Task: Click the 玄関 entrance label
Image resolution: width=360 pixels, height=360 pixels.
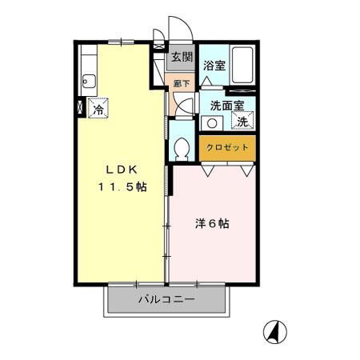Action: pos(182,57)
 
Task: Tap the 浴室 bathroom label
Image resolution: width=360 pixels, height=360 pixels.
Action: pos(214,66)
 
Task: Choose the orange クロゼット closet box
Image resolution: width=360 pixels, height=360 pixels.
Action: pos(228,148)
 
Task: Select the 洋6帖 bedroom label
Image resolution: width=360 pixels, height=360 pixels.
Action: pos(214,225)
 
